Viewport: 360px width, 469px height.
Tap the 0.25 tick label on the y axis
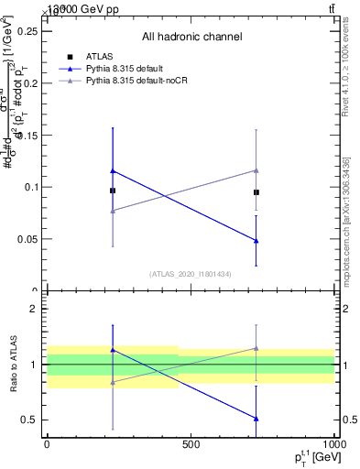click(27, 31)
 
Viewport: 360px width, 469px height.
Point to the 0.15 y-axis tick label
click(27, 136)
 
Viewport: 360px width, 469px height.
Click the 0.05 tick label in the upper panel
click(27, 240)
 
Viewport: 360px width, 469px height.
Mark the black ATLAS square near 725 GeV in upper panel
click(256, 192)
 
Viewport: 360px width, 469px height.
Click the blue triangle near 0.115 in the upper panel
click(113, 170)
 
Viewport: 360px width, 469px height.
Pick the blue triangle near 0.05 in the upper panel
click(256, 241)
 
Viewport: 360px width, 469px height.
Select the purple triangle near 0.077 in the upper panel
click(113, 211)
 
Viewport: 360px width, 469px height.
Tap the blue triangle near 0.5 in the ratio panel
click(256, 419)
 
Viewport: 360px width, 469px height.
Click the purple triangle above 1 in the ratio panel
click(256, 348)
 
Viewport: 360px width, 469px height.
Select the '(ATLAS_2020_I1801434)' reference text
click(191, 274)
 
